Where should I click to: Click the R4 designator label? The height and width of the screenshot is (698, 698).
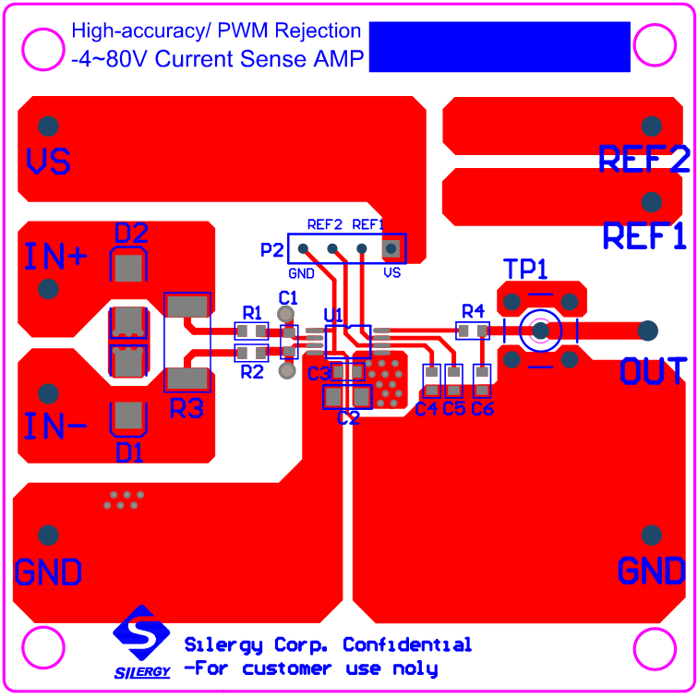pyautogui.click(x=474, y=310)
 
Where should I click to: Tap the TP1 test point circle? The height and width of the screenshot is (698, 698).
pyautogui.click(x=538, y=331)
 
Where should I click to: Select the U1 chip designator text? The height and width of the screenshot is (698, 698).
pyautogui.click(x=333, y=315)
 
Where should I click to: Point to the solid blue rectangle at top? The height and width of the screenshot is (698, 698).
pyautogui.click(x=499, y=47)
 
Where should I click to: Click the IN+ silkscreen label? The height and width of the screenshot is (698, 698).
pyautogui.click(x=55, y=257)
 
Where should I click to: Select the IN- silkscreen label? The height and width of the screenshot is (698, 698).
pyautogui.click(x=55, y=427)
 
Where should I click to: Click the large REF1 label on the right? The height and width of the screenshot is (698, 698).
pyautogui.click(x=644, y=236)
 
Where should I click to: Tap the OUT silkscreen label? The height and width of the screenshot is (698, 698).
pyautogui.click(x=654, y=371)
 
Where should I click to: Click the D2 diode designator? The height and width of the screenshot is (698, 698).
pyautogui.click(x=131, y=234)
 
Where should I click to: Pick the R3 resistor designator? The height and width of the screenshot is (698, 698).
pyautogui.click(x=187, y=408)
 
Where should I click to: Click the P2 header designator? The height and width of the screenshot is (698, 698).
pyautogui.click(x=272, y=249)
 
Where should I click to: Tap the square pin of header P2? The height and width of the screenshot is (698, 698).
pyautogui.click(x=391, y=247)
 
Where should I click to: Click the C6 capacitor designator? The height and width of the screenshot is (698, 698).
pyautogui.click(x=483, y=409)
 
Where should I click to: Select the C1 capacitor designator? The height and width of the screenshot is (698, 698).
pyautogui.click(x=288, y=297)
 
